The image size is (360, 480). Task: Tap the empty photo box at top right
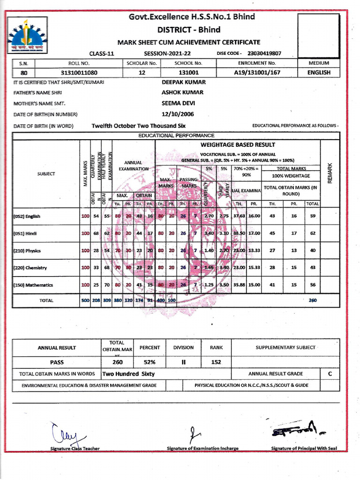pos(318,35)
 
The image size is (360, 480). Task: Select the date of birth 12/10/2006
pos(177,114)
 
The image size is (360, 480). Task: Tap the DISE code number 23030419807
pos(264,53)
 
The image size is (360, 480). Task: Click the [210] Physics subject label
pos(27,251)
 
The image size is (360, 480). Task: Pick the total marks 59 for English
pos(312,216)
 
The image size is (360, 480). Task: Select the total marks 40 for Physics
pos(312,251)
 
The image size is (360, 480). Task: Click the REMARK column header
pos(330,173)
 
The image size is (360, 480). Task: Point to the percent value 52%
pos(150,362)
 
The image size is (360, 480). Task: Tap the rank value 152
pos(216,362)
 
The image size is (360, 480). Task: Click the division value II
pos(183,362)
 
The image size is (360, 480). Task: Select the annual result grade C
pos(330,374)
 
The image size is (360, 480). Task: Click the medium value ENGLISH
pos(319,73)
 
